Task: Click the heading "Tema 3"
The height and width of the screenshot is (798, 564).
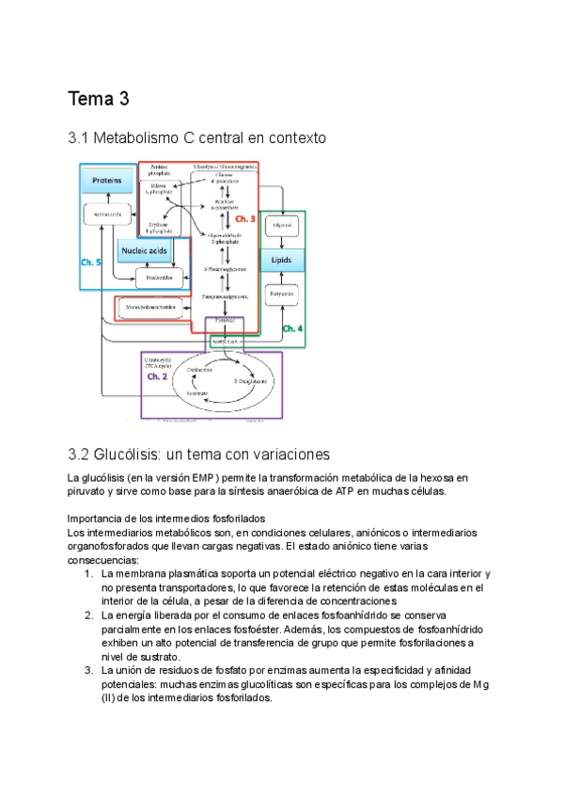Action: pyautogui.click(x=99, y=98)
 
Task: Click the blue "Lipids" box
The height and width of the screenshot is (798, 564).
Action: pyautogui.click(x=282, y=259)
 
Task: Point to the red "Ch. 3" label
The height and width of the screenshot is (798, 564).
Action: pyautogui.click(x=245, y=218)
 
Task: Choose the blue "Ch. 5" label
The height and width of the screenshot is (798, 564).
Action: pyautogui.click(x=92, y=262)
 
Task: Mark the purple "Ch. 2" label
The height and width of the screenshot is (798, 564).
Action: pyautogui.click(x=157, y=376)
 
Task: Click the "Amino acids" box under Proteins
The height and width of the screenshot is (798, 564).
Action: pyautogui.click(x=102, y=215)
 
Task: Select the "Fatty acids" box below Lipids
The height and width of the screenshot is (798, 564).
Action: pyautogui.click(x=282, y=295)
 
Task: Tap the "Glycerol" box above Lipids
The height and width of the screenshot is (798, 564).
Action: pyautogui.click(x=282, y=227)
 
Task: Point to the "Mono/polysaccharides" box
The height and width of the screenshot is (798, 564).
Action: pyautogui.click(x=152, y=308)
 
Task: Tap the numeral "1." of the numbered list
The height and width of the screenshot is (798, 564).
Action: pyautogui.click(x=87, y=573)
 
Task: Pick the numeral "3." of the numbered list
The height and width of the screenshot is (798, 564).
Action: pyautogui.click(x=87, y=670)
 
